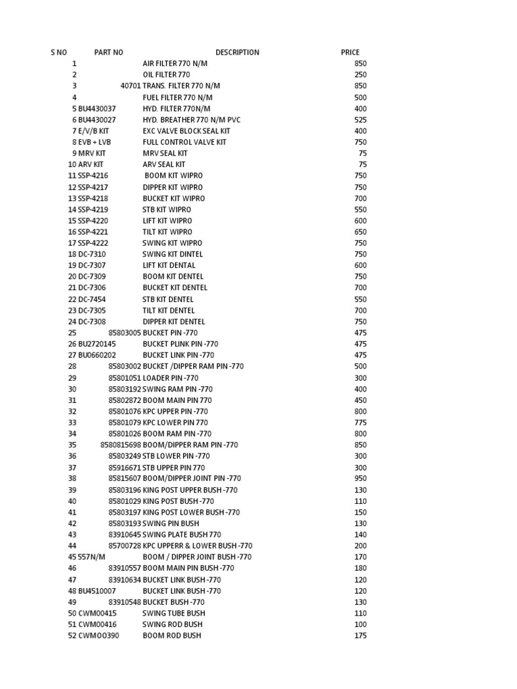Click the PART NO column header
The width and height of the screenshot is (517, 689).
[108, 52]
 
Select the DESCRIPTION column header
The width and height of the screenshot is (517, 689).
[237, 52]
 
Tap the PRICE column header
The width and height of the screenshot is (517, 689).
[350, 52]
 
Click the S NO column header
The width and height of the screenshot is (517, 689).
[59, 52]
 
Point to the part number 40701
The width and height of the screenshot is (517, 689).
[131, 86]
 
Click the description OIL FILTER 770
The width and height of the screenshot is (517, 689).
[166, 75]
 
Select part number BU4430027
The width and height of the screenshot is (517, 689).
[97, 120]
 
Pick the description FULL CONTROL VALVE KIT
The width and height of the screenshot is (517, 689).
[184, 142]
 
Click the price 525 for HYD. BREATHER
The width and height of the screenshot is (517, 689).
[360, 120]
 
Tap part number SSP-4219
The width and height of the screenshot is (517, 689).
[93, 209]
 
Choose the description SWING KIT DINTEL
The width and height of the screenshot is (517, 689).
[172, 254]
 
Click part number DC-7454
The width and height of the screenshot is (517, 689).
[92, 299]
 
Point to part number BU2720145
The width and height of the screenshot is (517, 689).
[97, 344]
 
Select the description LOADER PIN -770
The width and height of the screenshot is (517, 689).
[170, 377]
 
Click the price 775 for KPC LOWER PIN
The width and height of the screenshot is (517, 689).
[360, 423]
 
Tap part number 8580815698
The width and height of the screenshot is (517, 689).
[121, 445]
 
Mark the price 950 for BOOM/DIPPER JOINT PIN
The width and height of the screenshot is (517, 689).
[360, 478]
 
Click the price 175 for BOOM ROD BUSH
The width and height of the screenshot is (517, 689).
[360, 635]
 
